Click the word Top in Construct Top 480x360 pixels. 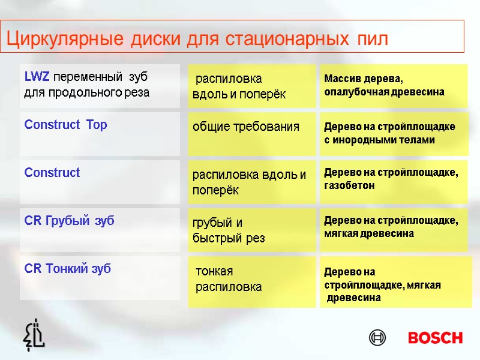coord(97,125)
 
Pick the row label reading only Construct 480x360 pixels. coord(52,173)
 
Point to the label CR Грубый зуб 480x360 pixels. coord(69,221)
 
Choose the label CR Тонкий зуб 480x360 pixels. coord(67,269)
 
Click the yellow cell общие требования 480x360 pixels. coord(245,127)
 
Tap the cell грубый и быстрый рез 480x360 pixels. coord(229,230)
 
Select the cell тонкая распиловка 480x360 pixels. coord(229,279)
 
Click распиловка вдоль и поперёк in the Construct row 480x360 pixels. coord(249,182)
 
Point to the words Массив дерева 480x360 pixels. coord(364,79)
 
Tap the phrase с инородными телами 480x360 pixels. coord(379,140)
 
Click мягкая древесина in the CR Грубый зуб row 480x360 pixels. coord(369,233)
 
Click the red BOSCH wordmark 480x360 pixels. coord(435,338)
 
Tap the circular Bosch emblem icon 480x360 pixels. coord(377,338)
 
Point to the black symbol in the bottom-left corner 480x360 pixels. coord(34,334)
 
